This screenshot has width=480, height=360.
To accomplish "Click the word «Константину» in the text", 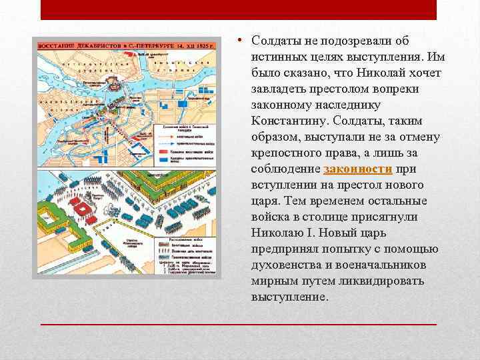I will pos(291,121).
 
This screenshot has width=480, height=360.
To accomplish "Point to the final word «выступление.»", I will pos(290,297).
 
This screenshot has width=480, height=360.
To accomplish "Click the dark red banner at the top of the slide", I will pos(239,9).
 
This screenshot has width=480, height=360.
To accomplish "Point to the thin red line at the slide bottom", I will pos(239,324).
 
